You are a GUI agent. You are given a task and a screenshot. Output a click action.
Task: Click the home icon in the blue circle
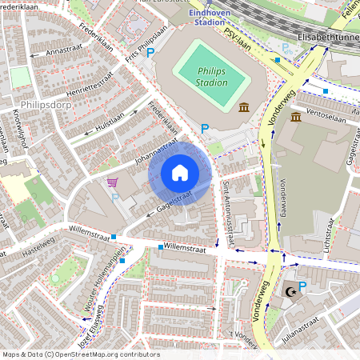[180, 173]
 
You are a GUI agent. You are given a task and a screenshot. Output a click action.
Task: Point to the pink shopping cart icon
[113, 182]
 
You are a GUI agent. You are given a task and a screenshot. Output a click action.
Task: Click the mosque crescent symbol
[287, 293]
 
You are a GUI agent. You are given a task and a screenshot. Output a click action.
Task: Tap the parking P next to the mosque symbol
[302, 286]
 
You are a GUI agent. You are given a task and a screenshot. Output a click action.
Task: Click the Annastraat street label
[66, 50]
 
